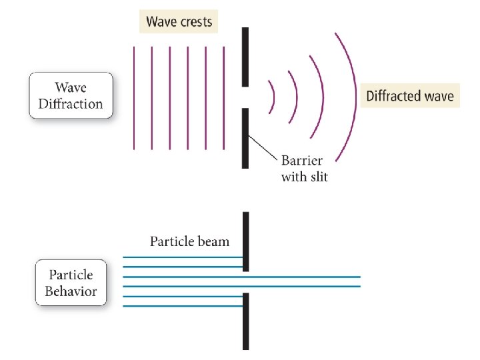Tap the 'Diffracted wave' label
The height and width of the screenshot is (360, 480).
tap(409, 96)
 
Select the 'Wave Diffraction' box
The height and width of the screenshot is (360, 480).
tap(71, 96)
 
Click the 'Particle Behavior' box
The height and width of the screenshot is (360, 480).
tap(71, 283)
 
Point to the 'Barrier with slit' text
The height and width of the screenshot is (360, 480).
tap(304, 169)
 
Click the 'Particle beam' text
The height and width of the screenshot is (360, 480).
tap(189, 241)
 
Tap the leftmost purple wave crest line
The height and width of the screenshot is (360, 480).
tap(135, 97)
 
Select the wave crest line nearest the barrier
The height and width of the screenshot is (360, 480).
tap(223, 97)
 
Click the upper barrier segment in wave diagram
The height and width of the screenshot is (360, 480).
tap(245, 57)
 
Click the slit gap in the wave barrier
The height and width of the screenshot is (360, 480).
tap(245, 97)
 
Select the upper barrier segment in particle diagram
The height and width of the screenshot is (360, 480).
tap(245, 241)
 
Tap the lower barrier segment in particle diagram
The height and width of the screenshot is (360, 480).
tap(245, 321)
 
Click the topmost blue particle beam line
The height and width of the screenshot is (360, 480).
tap(183, 257)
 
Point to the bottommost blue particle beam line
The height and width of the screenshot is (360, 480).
tap(183, 307)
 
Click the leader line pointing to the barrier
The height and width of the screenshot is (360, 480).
tap(263, 149)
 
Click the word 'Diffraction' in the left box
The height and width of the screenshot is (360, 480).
tap(71, 104)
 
